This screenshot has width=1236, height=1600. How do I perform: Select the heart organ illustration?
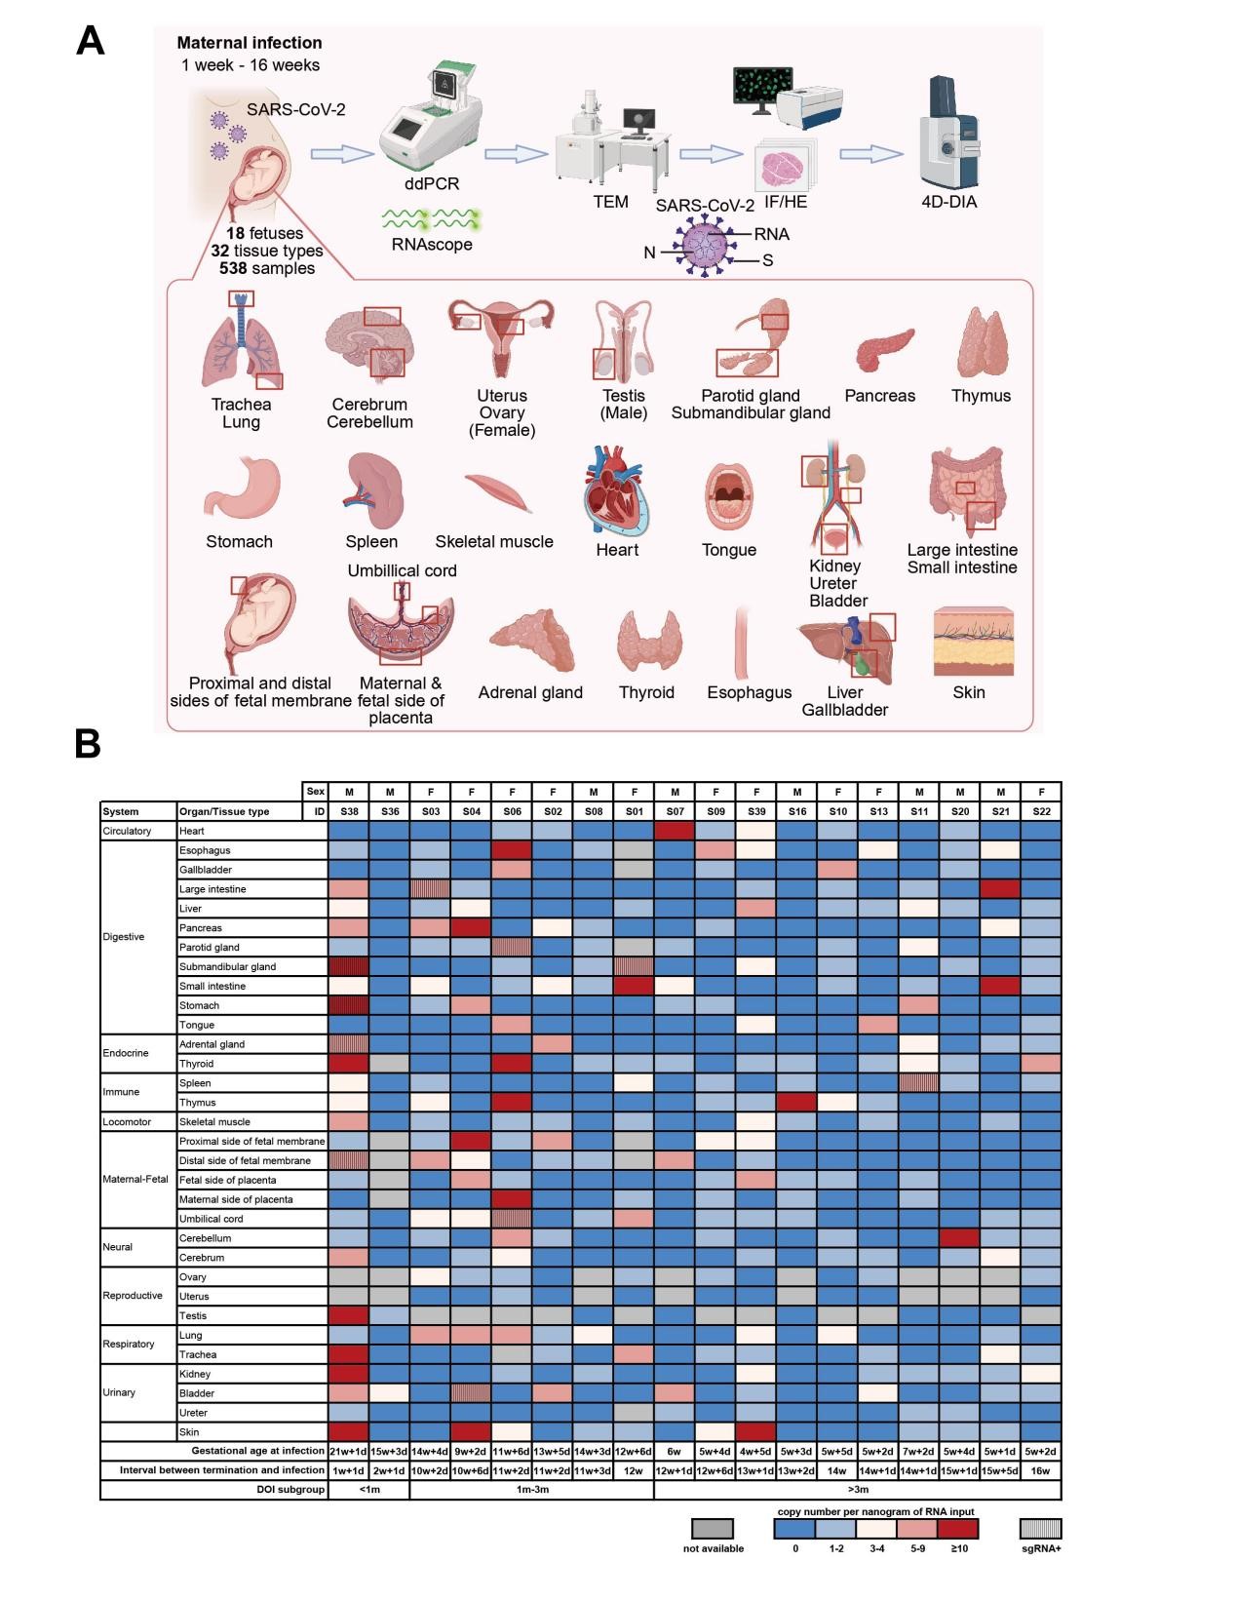[616, 493]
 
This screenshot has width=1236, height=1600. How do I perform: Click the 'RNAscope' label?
[432, 244]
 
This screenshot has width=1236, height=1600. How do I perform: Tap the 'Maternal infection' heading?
[250, 43]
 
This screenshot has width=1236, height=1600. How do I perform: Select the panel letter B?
[88, 743]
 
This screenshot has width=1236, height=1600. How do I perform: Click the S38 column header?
[349, 811]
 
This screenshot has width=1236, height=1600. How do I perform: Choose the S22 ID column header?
[1040, 811]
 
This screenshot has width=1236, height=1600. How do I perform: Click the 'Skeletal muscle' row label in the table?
[214, 1121]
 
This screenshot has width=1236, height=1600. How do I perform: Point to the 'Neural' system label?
[117, 1247]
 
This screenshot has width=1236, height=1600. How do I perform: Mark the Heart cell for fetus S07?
[675, 831]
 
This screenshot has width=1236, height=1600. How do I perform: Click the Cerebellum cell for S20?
[959, 1237]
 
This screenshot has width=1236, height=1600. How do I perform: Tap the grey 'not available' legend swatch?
[713, 1528]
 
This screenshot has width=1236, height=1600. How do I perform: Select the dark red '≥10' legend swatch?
[957, 1528]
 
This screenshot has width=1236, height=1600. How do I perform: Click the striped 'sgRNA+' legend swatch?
[1040, 1528]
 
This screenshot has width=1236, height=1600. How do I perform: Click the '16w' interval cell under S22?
[1040, 1470]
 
